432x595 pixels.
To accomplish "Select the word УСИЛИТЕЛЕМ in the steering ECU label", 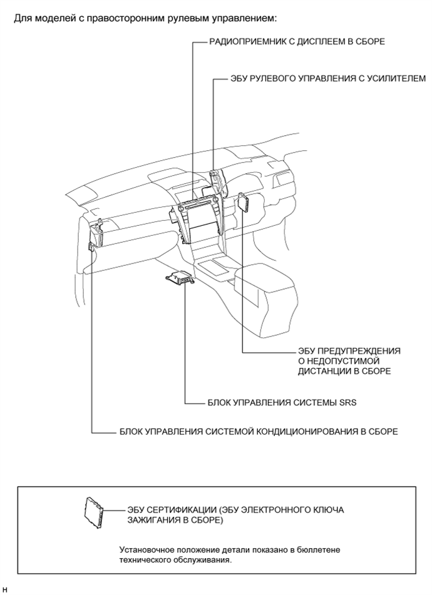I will pos(392,79).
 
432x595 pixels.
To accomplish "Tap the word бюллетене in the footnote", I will pos(313,549).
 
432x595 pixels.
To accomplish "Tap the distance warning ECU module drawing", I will pos(243,202).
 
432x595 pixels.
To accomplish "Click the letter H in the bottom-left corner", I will pos(5,589).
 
